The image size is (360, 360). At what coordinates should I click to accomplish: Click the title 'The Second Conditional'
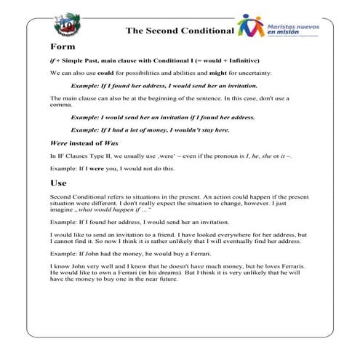[179, 31]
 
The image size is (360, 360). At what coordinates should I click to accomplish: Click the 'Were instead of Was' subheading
[79, 143]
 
